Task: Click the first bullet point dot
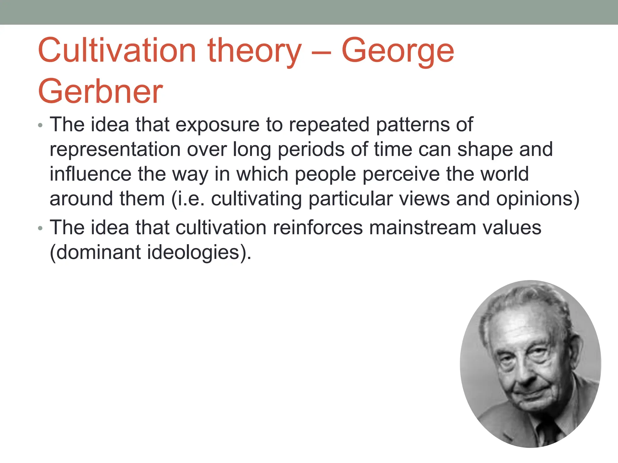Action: coord(40,125)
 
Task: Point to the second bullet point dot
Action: coord(40,228)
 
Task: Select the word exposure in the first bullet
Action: coord(217,124)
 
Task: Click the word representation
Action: coord(115,150)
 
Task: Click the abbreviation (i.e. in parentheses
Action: coord(188,199)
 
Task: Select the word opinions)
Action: coord(537,199)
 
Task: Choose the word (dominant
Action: coord(95,252)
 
